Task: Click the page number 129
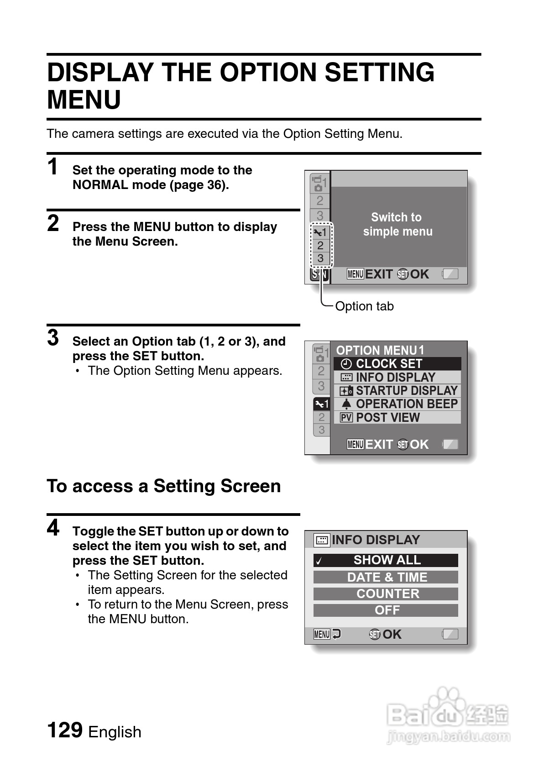click(x=65, y=730)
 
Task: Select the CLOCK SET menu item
click(x=397, y=363)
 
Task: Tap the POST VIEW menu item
click(x=397, y=417)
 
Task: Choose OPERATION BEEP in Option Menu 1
click(x=397, y=404)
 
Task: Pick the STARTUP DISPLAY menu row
click(x=397, y=391)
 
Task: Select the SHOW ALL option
click(x=386, y=560)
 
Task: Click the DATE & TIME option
click(x=386, y=577)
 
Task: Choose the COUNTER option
click(x=386, y=594)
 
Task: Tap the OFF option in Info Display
click(x=386, y=610)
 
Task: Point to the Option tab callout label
click(x=364, y=306)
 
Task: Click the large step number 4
click(x=53, y=528)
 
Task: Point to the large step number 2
click(x=53, y=223)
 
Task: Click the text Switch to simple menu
click(x=397, y=224)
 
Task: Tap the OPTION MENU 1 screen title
click(x=380, y=350)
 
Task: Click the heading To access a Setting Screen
click(x=164, y=486)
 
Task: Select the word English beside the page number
click(x=115, y=732)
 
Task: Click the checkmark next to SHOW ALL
click(x=319, y=561)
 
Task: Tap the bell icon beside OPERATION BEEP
click(x=346, y=405)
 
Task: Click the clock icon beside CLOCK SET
click(x=346, y=364)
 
